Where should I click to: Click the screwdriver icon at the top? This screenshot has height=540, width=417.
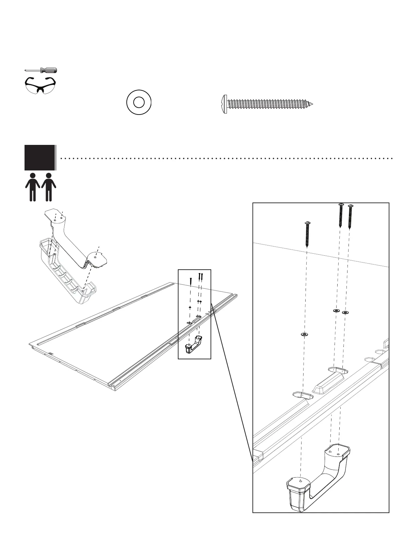[x=41, y=70]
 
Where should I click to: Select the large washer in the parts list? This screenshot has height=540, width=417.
[x=139, y=102]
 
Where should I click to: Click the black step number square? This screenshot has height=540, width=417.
[x=40, y=157]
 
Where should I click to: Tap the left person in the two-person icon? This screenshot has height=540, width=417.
[x=33, y=187]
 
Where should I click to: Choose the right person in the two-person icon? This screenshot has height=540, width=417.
[x=49, y=187]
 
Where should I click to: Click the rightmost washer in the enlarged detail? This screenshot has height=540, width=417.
[x=345, y=312]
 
